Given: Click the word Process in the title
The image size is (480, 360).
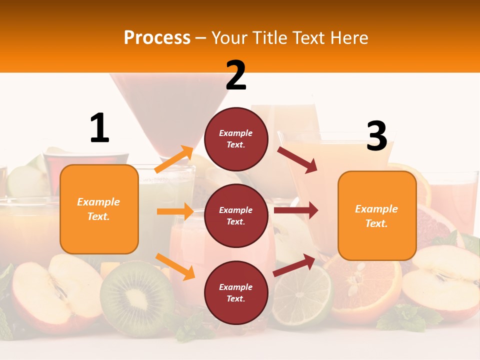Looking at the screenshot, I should click(157, 37).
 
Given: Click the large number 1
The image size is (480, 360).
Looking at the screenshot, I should click(99, 128).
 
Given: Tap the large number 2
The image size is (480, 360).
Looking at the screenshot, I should click(236, 76).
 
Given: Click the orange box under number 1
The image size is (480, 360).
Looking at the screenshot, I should click(99, 209).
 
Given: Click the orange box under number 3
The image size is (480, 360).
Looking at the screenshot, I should click(377, 215).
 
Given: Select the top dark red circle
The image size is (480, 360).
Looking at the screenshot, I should click(236, 138).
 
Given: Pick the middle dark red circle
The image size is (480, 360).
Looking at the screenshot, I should click(236, 215).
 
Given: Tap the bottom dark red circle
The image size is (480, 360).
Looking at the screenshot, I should click(236, 292).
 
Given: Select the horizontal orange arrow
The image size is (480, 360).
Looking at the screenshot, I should click(175, 211).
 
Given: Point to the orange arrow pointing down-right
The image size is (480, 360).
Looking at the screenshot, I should click(175, 266).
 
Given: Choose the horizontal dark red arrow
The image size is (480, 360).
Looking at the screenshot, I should click(296, 210).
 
